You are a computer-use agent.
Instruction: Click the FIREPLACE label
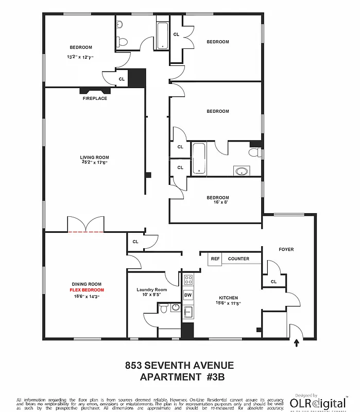[95, 98]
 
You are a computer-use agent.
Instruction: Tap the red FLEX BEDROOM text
[87, 290]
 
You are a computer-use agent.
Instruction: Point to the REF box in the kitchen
[215, 259]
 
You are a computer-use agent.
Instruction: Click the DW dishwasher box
[188, 295]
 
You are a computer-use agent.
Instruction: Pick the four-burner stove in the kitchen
[188, 280]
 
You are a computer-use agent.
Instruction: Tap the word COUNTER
[238, 259]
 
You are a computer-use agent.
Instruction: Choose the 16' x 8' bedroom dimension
[218, 203]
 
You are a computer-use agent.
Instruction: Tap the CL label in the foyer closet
[273, 282]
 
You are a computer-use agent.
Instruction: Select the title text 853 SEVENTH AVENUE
[179, 366]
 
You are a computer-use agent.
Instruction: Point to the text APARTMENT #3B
[179, 377]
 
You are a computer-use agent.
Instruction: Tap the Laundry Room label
[152, 289]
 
